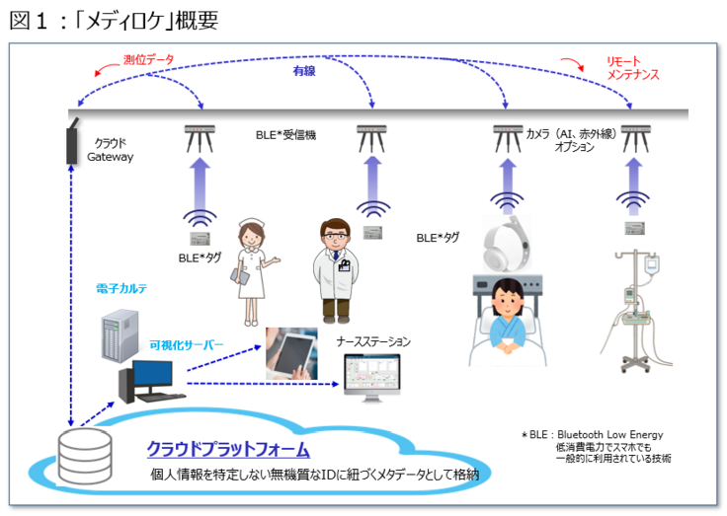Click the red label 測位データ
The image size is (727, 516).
[149, 60]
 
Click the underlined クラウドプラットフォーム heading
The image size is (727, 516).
[228, 450]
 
